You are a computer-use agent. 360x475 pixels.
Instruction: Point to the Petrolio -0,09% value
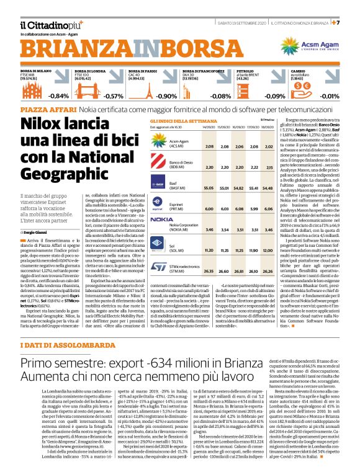click(x=275, y=95)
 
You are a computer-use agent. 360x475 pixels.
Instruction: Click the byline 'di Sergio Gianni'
click(x=36, y=215)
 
